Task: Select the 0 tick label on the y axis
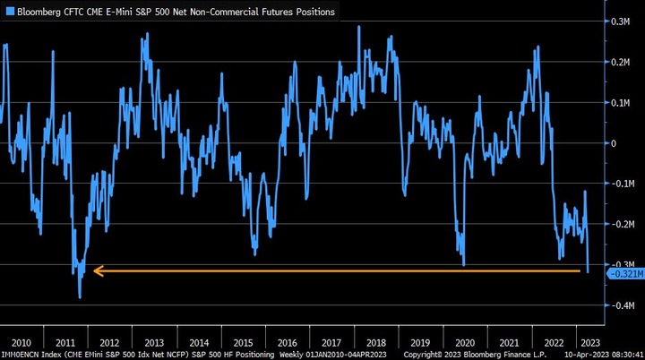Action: (615, 143)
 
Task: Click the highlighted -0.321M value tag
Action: (626, 274)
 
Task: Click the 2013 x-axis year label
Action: (153, 343)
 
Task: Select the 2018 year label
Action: (374, 343)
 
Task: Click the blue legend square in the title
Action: (7, 13)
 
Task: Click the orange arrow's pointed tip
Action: (93, 270)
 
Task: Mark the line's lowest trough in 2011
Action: (80, 297)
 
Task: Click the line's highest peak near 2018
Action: (359, 26)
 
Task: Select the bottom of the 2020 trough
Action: (464, 265)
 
